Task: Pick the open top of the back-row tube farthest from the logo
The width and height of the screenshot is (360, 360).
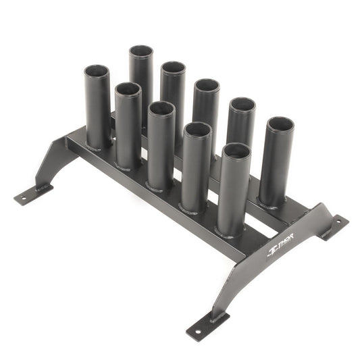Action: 141,51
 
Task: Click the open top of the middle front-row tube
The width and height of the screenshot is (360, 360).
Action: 161,108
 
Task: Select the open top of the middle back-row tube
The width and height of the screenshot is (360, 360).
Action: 207,86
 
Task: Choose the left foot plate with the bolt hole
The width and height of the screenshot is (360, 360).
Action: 30,195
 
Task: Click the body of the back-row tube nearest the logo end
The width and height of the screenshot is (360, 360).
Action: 276,169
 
